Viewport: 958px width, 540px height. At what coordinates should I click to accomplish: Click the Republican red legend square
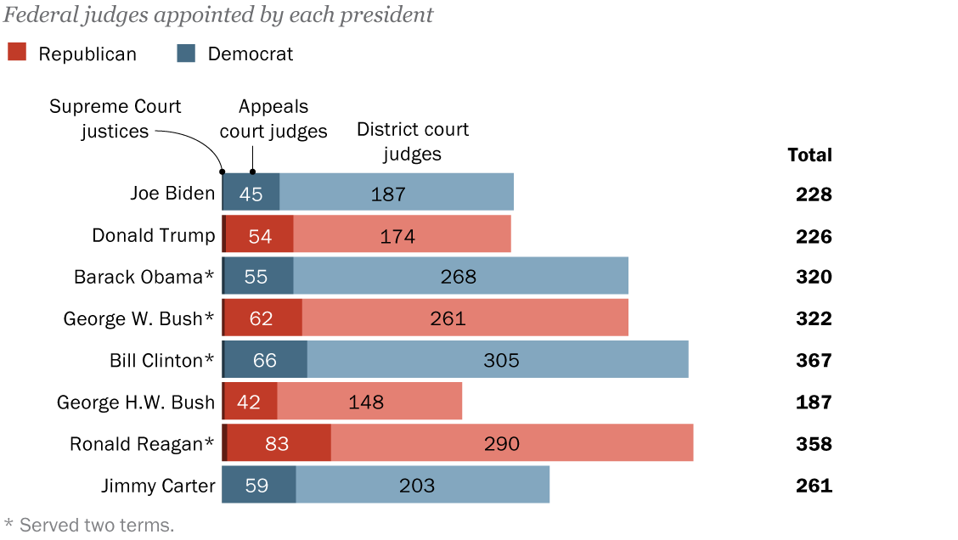18,53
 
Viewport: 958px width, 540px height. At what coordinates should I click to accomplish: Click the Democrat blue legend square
186,53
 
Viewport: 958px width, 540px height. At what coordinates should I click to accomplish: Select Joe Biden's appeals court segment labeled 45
251,193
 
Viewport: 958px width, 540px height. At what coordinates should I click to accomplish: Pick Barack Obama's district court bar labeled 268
460,276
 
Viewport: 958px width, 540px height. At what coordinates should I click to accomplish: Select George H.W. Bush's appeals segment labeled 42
251,401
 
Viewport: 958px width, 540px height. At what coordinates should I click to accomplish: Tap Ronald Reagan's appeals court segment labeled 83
279,442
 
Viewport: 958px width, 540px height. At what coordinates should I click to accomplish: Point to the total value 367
814,360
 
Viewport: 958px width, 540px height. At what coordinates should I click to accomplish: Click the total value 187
814,402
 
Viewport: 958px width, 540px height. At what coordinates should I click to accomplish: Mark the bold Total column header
809,155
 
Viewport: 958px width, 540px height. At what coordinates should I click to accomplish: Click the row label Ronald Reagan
142,443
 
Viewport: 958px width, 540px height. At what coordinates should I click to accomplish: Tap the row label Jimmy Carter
158,485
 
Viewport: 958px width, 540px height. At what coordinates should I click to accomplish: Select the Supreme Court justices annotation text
115,119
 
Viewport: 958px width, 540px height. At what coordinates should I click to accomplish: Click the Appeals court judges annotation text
273,119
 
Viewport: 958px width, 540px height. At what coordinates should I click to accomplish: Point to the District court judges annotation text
413,141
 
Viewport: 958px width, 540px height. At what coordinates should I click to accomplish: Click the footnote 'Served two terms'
89,525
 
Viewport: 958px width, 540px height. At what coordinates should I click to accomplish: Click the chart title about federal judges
218,14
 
